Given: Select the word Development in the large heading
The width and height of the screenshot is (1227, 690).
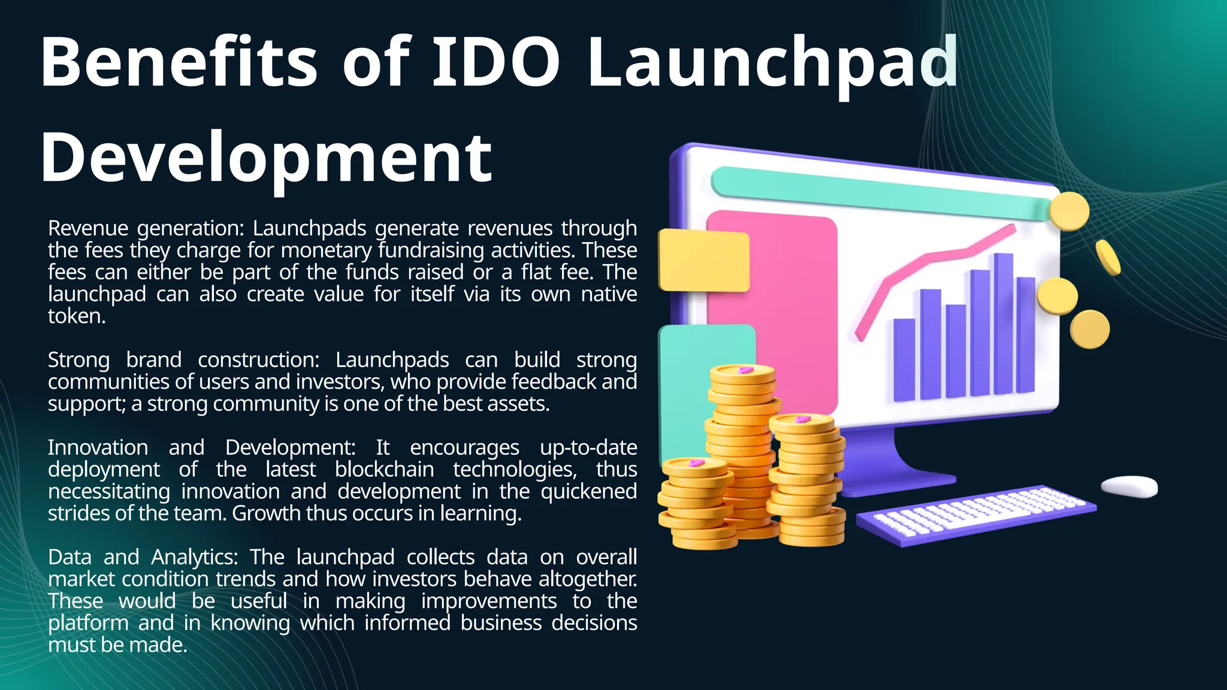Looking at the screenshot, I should (266, 158).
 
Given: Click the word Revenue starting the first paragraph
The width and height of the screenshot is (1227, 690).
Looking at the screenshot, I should (88, 229).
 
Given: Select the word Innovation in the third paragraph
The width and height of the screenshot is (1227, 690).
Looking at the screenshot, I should (98, 448).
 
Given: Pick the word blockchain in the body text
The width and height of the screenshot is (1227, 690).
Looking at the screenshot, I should (384, 470).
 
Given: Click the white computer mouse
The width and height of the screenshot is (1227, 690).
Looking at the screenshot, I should (1130, 486).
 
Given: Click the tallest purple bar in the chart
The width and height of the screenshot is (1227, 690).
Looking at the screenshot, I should (1004, 323).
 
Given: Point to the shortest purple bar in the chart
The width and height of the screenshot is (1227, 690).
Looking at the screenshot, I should (904, 359).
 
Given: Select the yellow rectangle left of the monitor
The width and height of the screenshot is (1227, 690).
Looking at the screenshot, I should (703, 261).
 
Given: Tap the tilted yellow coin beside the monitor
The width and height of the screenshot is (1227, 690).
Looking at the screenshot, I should (1108, 258).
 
